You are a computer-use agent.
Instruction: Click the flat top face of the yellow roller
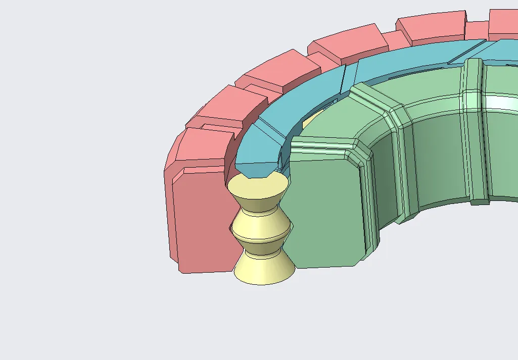(x=257, y=187)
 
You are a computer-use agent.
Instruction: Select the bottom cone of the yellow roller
(x=263, y=268)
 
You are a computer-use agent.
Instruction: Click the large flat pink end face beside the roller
(x=202, y=222)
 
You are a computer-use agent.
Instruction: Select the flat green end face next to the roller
(x=323, y=212)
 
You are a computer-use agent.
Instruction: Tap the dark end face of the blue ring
(x=258, y=169)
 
